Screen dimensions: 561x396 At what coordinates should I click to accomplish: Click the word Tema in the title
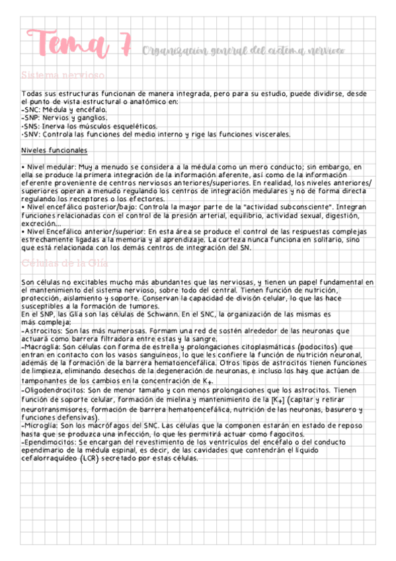[x=68, y=45]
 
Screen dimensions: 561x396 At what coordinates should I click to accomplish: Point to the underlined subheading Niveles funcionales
[x=54, y=150]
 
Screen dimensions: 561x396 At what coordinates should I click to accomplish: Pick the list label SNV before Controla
[x=30, y=134]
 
